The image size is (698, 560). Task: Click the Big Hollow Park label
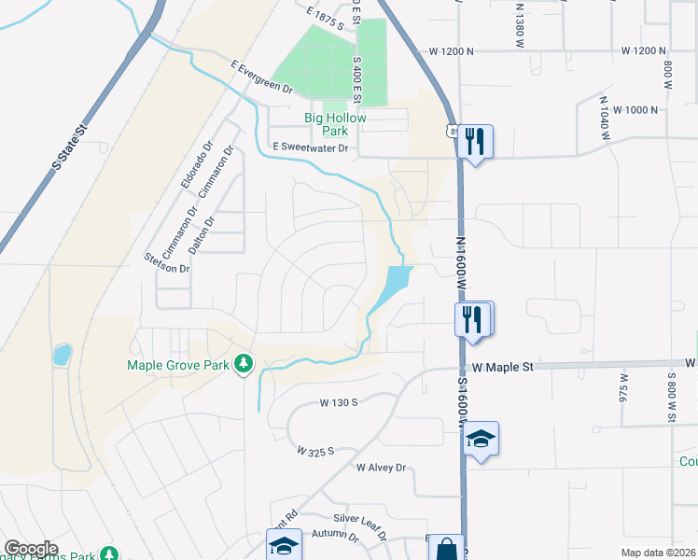[335, 125]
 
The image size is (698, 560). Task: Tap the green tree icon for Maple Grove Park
[244, 362]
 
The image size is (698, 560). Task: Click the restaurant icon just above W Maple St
[473, 319]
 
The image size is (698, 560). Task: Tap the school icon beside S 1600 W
[480, 439]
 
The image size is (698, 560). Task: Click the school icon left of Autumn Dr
[284, 545]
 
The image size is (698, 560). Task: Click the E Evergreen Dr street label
[263, 78]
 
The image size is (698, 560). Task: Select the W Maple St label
[501, 368]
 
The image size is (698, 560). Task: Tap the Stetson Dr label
[167, 262]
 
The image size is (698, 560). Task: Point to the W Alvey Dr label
[382, 468]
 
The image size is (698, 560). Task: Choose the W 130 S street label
[339, 403]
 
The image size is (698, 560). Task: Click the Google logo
[31, 549]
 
